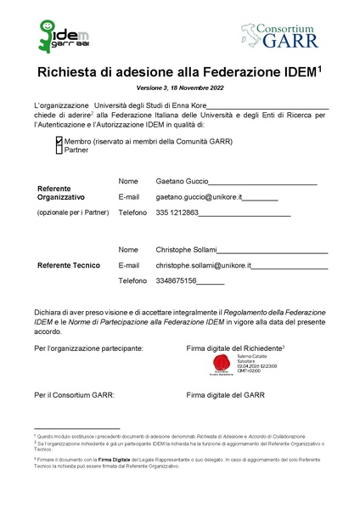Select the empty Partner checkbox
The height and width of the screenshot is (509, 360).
(59, 150)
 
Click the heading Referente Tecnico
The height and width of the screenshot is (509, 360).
(69, 265)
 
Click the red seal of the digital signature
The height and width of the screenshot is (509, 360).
(222, 366)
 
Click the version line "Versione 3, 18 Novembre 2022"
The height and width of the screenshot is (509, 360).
(179, 88)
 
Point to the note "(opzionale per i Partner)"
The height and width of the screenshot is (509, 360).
(73, 212)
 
